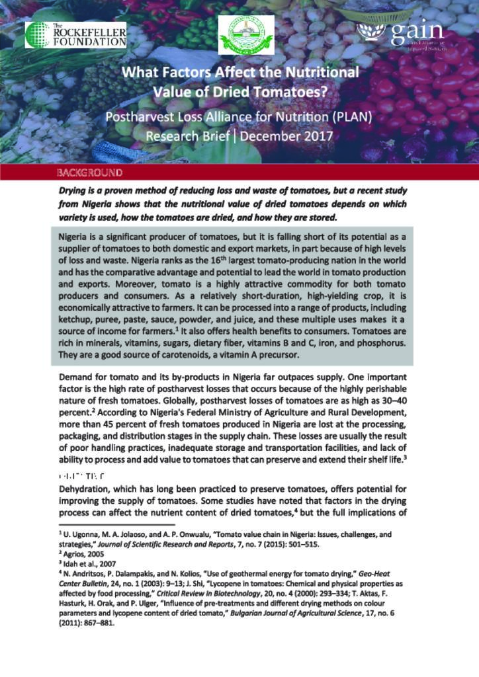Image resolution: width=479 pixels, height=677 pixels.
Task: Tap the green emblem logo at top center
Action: tap(246, 34)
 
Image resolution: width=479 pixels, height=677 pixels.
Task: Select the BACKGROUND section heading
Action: tap(89, 173)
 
